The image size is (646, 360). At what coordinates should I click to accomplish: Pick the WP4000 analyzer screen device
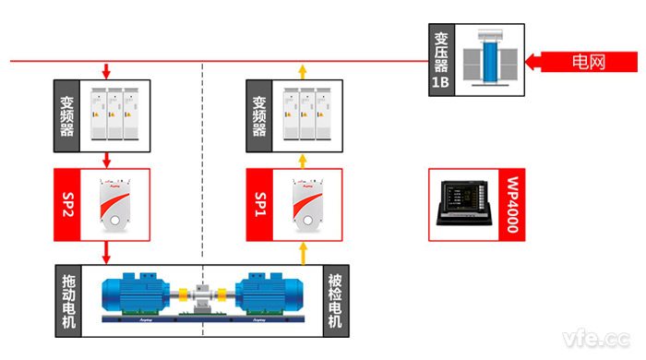pos(464,204)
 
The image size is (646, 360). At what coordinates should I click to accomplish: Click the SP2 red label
pos(66,203)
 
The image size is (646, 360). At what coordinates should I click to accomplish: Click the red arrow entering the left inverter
pos(107,71)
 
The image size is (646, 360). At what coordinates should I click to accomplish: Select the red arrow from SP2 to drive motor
pos(107,249)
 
